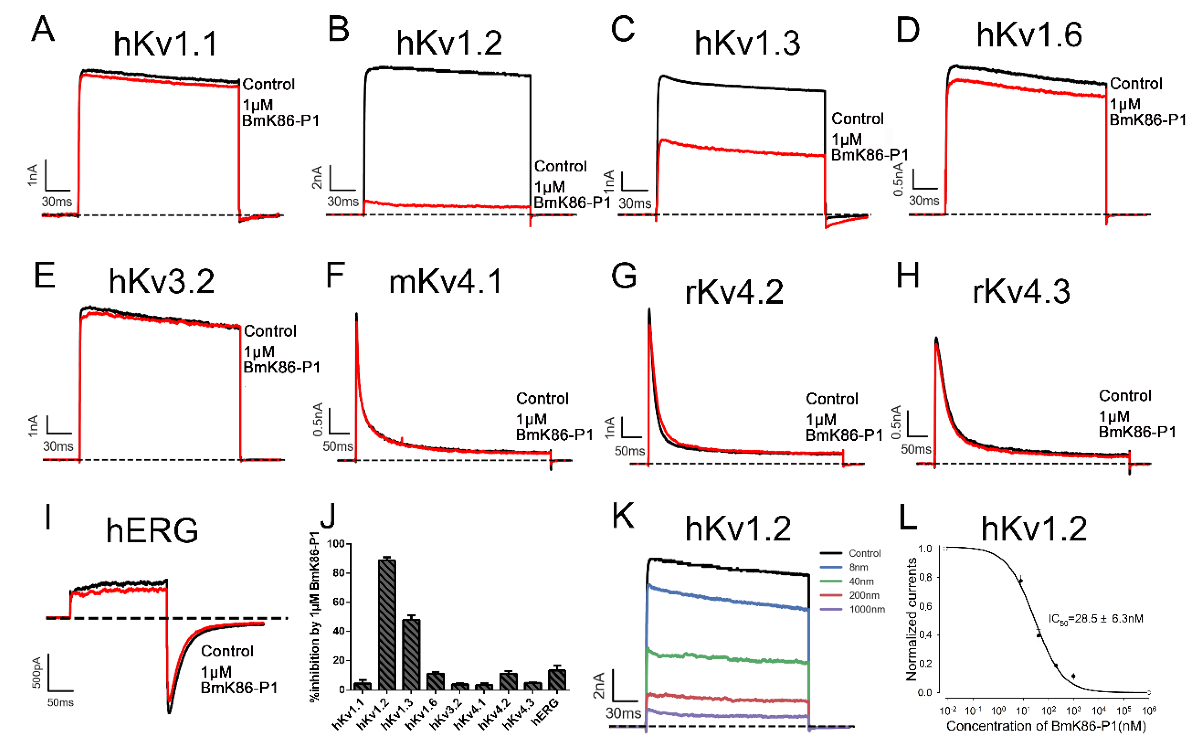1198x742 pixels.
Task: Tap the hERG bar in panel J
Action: [557, 679]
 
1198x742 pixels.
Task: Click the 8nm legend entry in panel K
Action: [858, 567]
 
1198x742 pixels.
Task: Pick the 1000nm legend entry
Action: [867, 609]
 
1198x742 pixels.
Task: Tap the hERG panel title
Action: [152, 531]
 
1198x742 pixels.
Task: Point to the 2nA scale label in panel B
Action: [317, 177]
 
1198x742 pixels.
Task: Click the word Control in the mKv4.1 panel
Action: [542, 399]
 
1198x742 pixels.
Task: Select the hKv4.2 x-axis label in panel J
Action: [494, 714]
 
